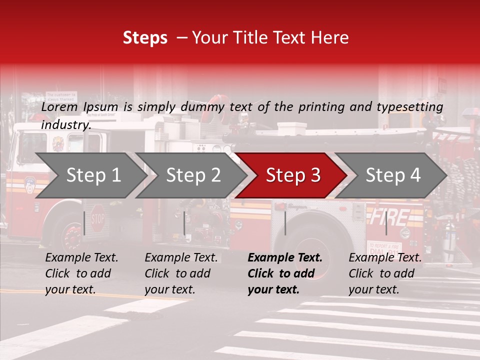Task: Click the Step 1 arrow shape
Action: [90, 175]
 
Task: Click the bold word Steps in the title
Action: [145, 37]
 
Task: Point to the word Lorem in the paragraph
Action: [59, 107]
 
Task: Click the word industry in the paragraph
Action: [65, 125]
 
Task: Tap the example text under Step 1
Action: [81, 273]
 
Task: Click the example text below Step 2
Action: [181, 273]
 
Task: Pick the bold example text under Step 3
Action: [284, 273]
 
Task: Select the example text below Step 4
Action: [385, 273]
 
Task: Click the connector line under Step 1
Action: [84, 222]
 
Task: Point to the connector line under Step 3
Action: [285, 222]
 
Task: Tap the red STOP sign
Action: [98, 218]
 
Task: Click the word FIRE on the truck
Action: [389, 217]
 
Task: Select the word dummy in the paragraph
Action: [205, 107]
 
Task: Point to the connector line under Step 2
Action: [184, 222]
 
